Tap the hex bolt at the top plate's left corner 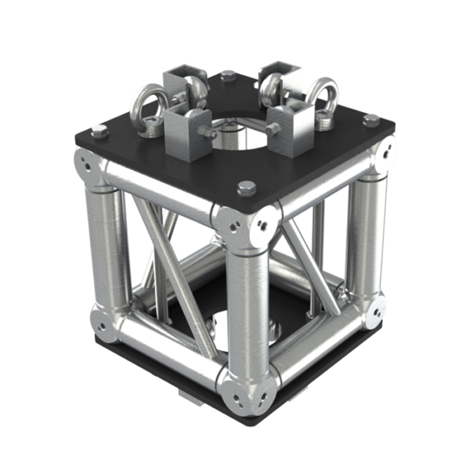[97, 130]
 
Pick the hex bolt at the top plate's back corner [227, 75]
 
